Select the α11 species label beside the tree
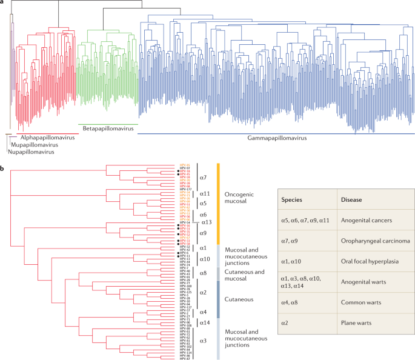coord(204,193)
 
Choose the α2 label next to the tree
coord(204,293)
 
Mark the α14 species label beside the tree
coord(204,322)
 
